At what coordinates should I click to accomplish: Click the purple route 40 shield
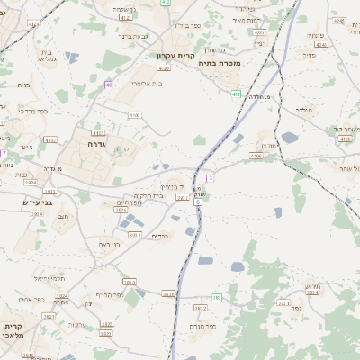(x=108, y=85)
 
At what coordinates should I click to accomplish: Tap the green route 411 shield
(x=236, y=94)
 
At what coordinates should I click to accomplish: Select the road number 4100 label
(x=135, y=115)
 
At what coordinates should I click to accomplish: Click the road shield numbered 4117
(x=50, y=140)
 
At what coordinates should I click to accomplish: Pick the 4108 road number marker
(x=256, y=156)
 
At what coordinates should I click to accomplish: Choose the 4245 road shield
(x=337, y=19)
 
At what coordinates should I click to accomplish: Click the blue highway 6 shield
(x=197, y=202)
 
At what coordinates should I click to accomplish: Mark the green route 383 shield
(x=217, y=297)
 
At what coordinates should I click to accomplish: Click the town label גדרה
(x=98, y=143)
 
